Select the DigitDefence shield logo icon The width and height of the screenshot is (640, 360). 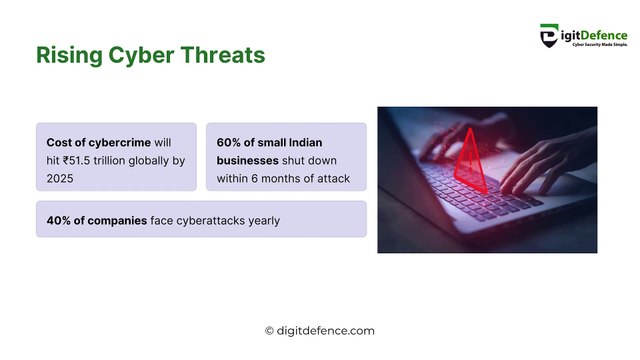(x=549, y=37)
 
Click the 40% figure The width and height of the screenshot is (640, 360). (x=61, y=220)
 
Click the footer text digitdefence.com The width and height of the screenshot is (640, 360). (x=326, y=331)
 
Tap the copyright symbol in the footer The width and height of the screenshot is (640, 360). (x=269, y=331)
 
